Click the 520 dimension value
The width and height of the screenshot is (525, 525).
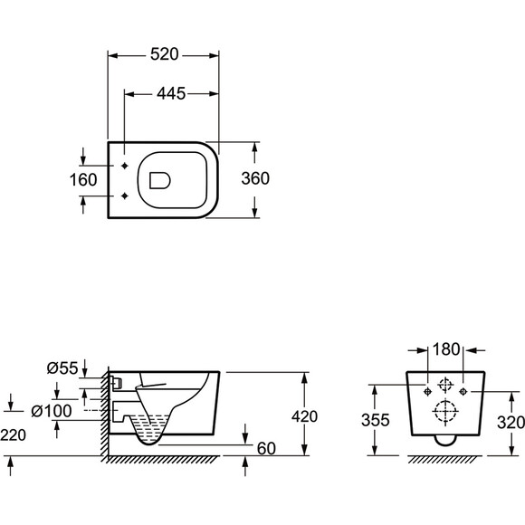pos(165,54)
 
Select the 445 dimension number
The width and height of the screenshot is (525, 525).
pos(171,93)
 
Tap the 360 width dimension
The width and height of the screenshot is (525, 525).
pos(255,178)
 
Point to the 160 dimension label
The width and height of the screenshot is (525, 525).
pos(83,180)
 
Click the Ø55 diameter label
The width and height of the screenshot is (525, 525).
pos(62,368)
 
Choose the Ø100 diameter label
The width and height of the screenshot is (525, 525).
pos(52,411)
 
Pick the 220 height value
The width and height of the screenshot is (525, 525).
pos(13,434)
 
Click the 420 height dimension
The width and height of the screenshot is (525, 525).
pos(304,416)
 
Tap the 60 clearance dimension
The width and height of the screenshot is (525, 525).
pos(266,449)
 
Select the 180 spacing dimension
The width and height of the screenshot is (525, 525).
pos(446,349)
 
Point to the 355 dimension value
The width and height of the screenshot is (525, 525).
pos(376,420)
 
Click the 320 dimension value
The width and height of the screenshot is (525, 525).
pos(511,423)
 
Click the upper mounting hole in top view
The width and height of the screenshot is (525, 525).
pos(125,166)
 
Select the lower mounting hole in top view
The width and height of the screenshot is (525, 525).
pos(125,196)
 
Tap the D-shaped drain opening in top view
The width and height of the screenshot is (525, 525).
pos(159,181)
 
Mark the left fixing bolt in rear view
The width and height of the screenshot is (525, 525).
pos(427,391)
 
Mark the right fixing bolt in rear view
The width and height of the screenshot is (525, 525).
pos(463,391)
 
